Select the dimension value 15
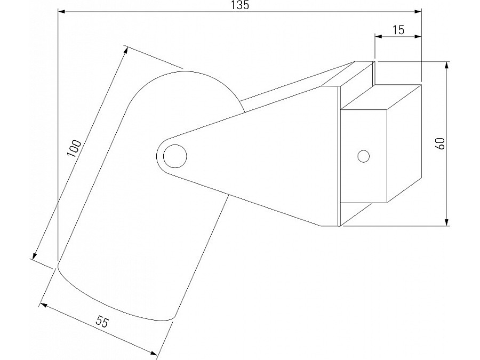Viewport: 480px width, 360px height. [398, 30]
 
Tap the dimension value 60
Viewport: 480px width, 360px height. [441, 143]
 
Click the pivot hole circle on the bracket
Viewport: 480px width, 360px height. [175, 156]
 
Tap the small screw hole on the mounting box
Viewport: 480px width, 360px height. [364, 156]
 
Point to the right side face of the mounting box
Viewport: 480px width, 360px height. [404, 144]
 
